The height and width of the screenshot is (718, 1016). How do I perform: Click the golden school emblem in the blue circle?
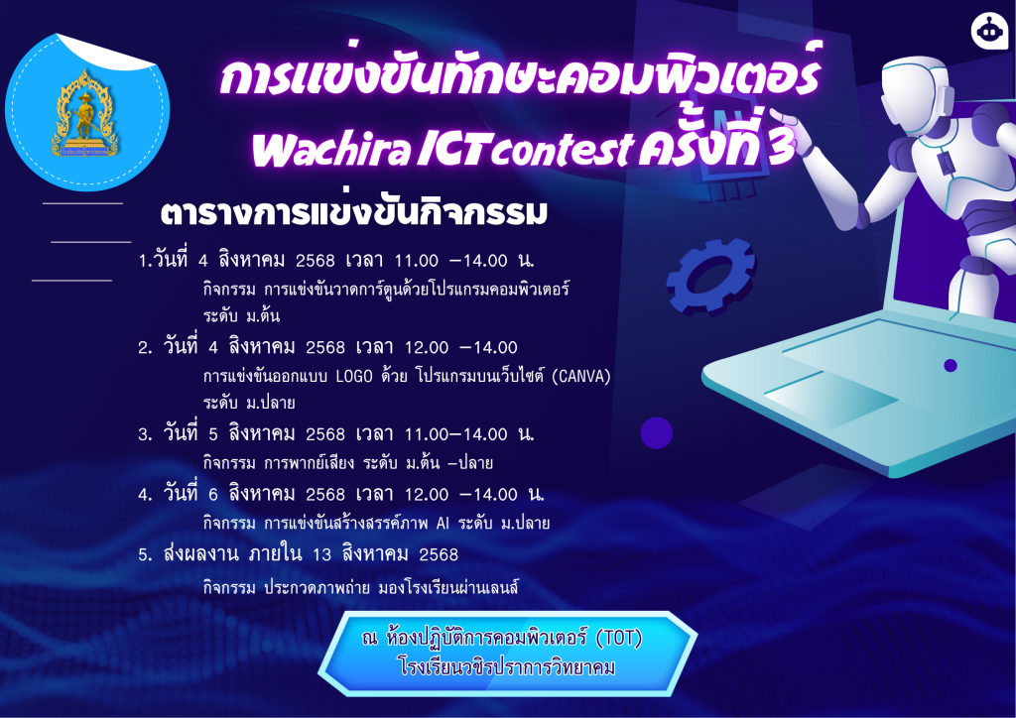click(85, 114)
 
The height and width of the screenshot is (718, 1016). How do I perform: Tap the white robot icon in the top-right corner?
click(989, 31)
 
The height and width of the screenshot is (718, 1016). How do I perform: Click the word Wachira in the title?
click(330, 150)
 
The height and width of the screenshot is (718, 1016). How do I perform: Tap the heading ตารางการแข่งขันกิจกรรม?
click(354, 213)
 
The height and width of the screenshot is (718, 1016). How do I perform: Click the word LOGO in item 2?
click(354, 376)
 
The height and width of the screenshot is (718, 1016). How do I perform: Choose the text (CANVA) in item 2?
click(581, 376)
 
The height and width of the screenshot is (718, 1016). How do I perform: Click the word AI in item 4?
click(443, 523)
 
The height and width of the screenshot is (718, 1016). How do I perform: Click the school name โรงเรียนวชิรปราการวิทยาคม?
click(507, 666)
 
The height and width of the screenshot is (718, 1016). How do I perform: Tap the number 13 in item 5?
click(322, 554)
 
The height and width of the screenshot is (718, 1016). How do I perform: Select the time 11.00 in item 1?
click(417, 261)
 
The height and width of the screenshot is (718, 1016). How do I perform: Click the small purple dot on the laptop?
click(951, 366)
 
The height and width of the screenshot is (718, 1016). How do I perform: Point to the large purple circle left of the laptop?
click(657, 433)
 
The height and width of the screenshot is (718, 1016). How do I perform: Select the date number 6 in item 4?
click(213, 495)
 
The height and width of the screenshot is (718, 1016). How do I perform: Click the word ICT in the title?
click(451, 150)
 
